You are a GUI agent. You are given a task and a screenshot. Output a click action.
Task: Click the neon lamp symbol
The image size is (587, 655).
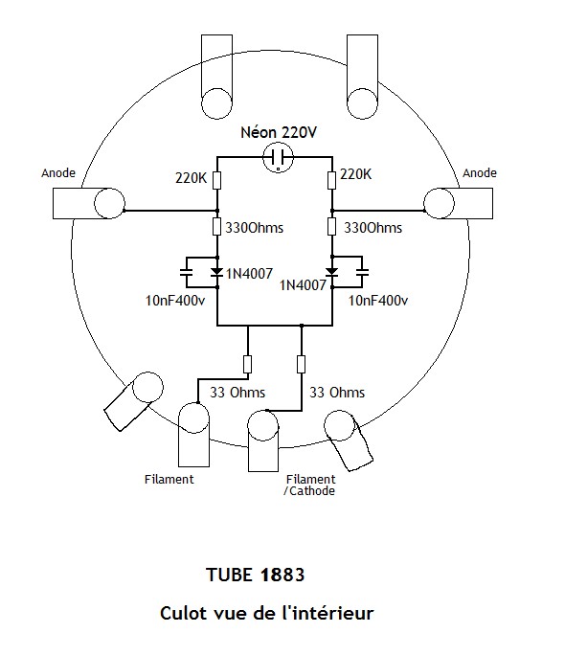point(279,157)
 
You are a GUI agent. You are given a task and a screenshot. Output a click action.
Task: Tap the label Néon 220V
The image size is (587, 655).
point(279,132)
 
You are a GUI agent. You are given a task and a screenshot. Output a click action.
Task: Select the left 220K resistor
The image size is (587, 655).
point(216,180)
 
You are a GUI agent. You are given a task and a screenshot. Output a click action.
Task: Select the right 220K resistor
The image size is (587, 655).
point(331,180)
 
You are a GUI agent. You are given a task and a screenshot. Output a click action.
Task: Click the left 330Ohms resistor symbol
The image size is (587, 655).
point(216,226)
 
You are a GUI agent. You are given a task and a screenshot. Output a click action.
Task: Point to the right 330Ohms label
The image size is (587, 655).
point(373,228)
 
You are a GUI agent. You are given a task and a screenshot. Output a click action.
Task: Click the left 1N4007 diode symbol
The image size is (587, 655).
point(216,272)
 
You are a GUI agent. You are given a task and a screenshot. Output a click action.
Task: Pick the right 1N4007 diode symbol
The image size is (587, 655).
point(331,272)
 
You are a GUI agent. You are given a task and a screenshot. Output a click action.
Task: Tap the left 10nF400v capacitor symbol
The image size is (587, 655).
point(186,272)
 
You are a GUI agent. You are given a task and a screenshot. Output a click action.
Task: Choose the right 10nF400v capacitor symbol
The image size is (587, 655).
point(362,272)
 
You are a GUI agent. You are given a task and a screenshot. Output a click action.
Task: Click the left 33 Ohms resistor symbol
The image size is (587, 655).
point(247,364)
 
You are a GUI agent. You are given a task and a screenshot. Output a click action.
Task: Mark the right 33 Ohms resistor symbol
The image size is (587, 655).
point(301,364)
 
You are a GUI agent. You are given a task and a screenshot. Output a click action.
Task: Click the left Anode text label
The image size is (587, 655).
point(58,173)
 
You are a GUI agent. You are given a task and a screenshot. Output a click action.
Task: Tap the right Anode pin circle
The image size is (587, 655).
point(439,203)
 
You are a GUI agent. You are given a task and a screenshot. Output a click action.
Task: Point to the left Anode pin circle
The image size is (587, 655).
point(109,203)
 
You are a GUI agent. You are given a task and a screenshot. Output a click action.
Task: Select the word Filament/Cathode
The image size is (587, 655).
point(309,485)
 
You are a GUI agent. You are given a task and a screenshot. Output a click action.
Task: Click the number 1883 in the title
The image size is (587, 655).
point(282,576)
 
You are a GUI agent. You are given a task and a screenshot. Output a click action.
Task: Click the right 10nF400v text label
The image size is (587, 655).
point(378,301)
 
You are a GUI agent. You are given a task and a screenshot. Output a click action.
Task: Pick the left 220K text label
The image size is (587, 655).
point(191,178)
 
